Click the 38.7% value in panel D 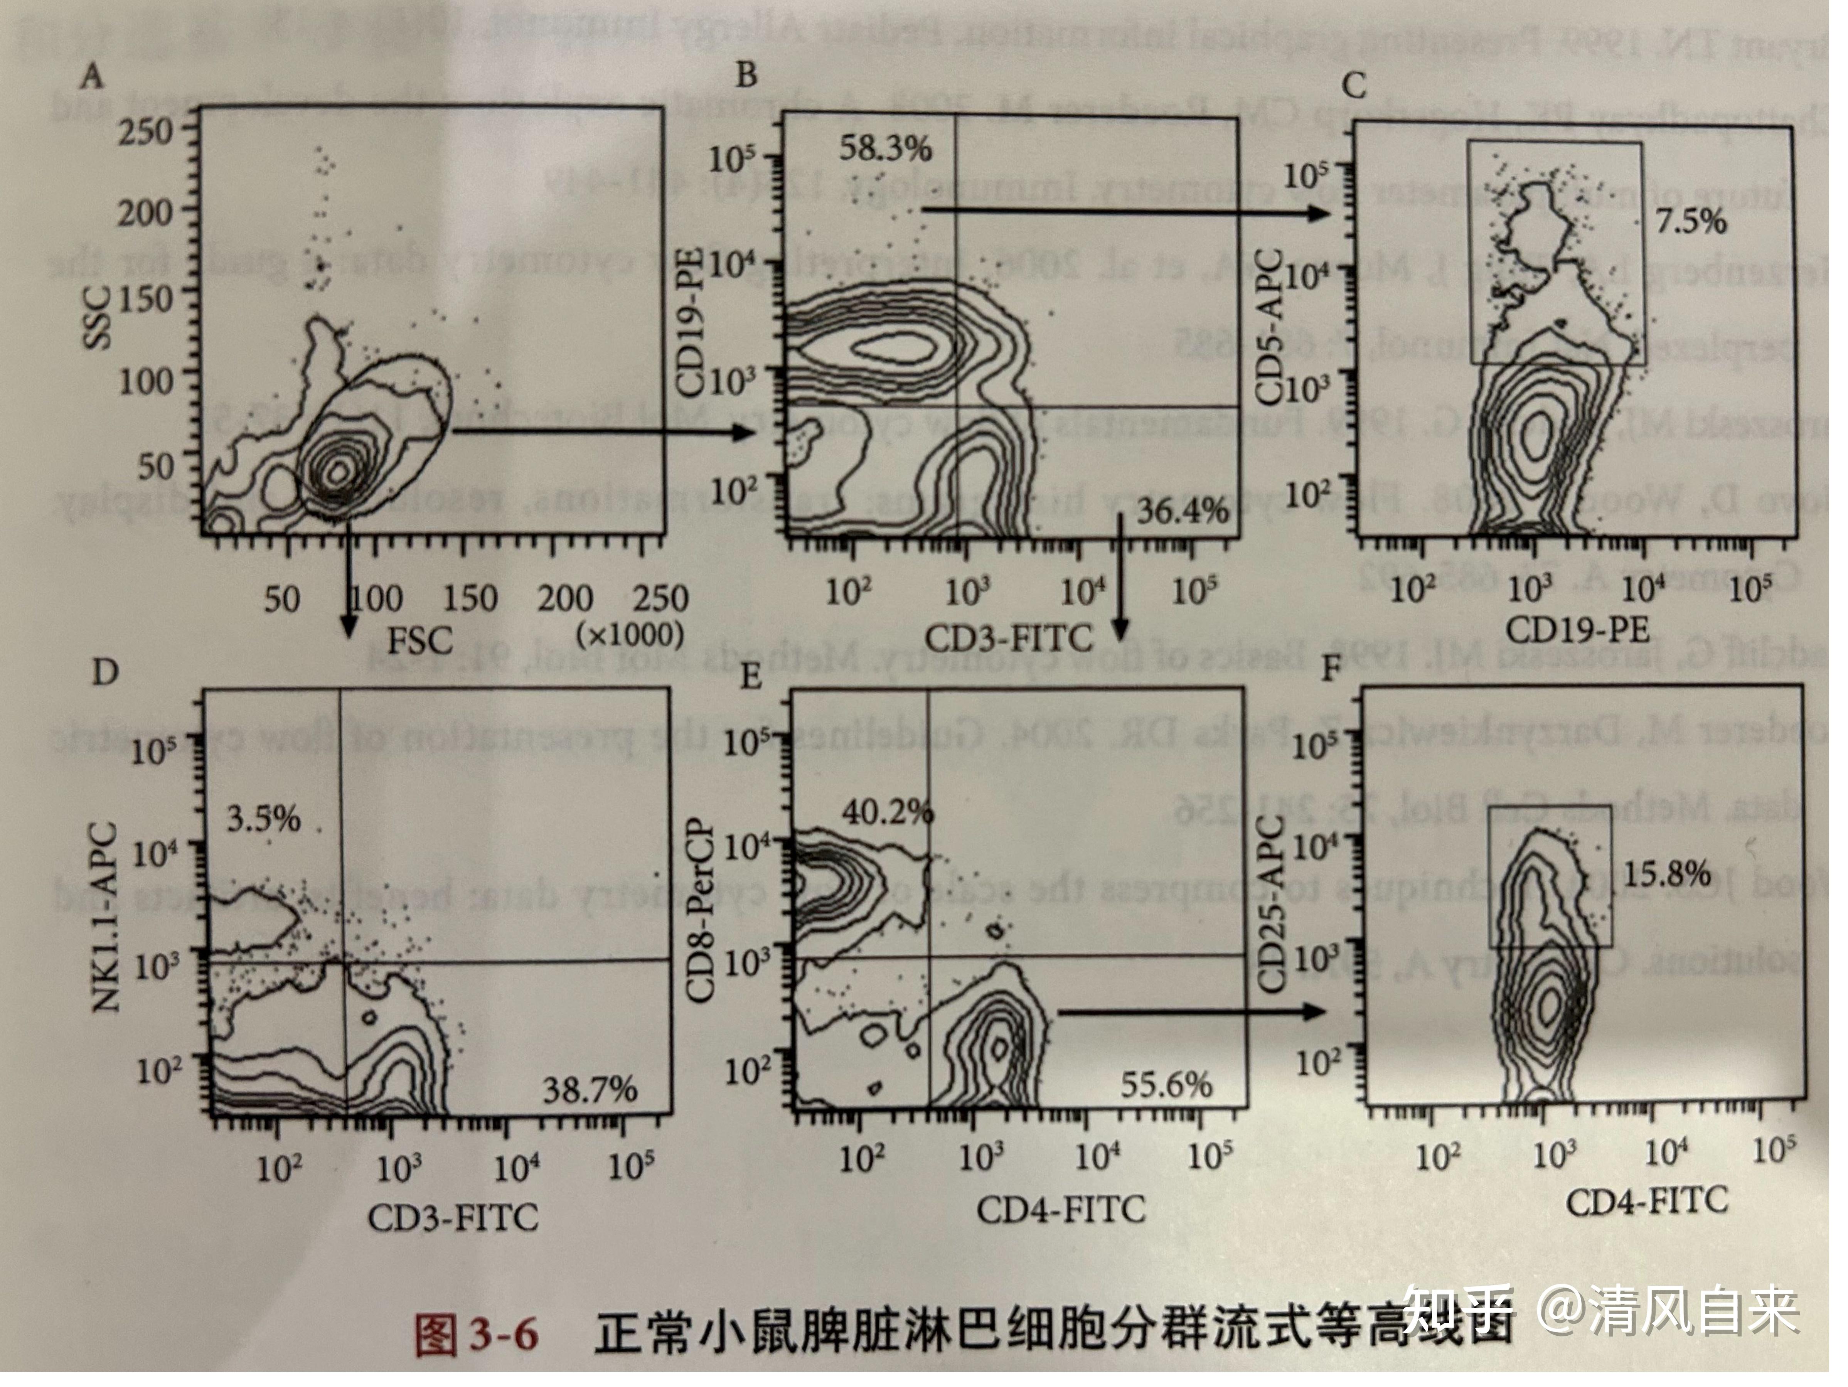[x=590, y=1090]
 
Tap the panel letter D [x=104, y=672]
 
